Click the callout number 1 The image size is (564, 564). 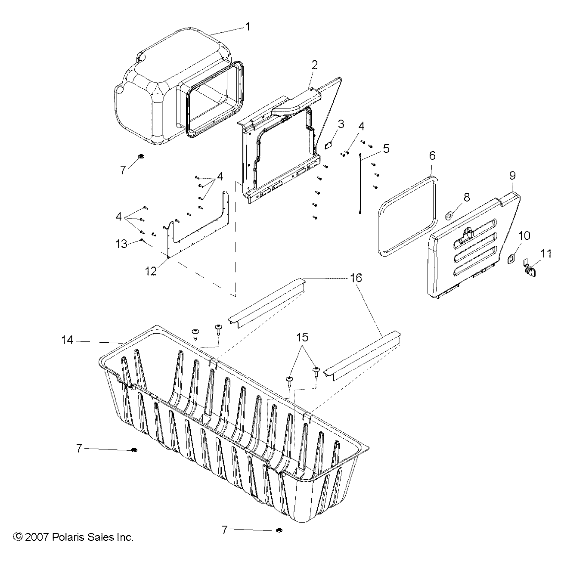(248, 27)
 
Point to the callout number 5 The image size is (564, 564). (386, 149)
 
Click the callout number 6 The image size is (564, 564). (433, 155)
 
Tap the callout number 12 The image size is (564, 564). (151, 271)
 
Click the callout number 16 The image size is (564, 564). (356, 278)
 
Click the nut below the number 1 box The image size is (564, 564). (141, 156)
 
